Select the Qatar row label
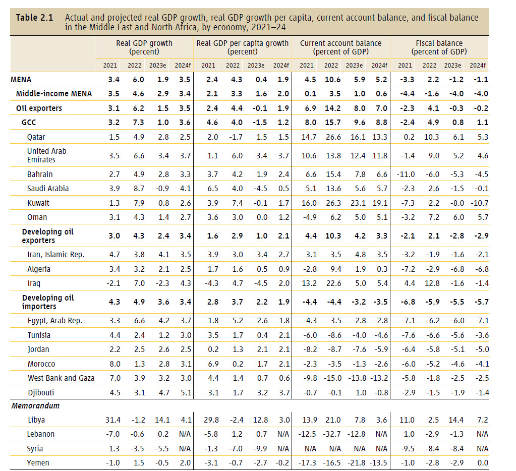pos(37,137)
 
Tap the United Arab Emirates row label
pos(46,155)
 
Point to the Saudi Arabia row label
pos(48,189)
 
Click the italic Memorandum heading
pos(35,405)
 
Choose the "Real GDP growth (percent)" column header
pos(144,47)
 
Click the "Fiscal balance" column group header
pos(439,47)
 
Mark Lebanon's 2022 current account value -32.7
pos(331,434)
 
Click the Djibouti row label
pos(41,393)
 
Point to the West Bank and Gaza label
pos(61,378)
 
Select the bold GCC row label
pos(29,122)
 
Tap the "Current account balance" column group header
pos(340,47)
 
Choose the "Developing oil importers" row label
pos(48,302)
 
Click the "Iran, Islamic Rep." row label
pos(55,255)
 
